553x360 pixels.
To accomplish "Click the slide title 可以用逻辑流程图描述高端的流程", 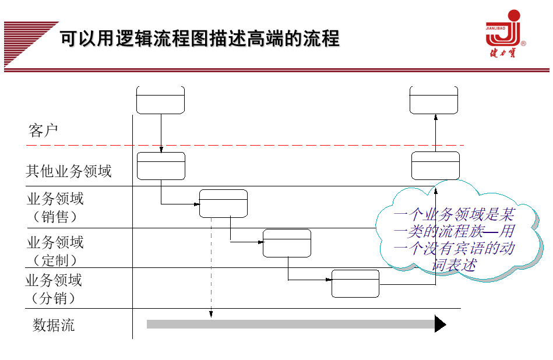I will [200, 39].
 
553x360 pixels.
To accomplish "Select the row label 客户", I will [44, 130].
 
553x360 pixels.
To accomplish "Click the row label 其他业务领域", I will [69, 171].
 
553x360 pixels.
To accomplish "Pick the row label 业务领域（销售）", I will [55, 207].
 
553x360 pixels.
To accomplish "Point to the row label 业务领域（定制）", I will [55, 250].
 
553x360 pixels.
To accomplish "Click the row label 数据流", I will [54, 325].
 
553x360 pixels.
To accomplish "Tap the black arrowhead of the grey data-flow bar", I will [440, 324].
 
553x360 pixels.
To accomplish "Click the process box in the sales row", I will [223, 203].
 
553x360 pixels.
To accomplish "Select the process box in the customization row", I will [287, 243].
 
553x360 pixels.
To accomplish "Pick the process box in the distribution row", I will [355, 284].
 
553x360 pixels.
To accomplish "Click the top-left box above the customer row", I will [160, 100].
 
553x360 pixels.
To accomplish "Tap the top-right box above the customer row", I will [434, 100].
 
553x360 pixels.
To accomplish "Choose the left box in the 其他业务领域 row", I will [161, 166].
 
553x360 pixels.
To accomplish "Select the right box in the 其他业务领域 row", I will [435, 165].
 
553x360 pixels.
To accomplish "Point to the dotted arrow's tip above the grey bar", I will [211, 316].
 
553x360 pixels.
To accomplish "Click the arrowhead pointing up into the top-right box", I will [435, 117].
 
